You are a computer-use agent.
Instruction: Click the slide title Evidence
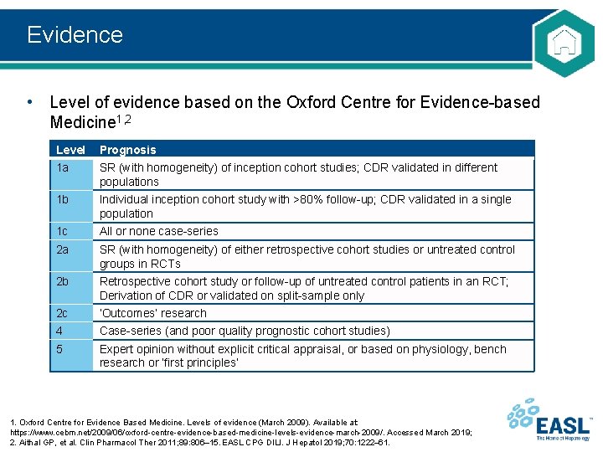[x=75, y=34]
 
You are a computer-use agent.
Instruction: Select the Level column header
[x=70, y=150]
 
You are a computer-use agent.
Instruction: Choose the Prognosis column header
[x=127, y=150]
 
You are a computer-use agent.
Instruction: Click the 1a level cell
[x=63, y=167]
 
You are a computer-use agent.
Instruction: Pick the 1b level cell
[x=63, y=199]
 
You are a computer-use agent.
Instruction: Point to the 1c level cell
[x=63, y=231]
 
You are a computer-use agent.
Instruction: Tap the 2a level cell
[x=63, y=249]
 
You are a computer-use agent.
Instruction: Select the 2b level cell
[x=63, y=281]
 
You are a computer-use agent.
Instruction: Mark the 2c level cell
[x=63, y=313]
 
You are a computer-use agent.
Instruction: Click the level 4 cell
[x=60, y=331]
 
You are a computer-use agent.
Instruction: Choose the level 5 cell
[x=60, y=349]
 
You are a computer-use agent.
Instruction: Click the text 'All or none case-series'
[x=159, y=231]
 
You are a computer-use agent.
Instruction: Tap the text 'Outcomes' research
[x=153, y=313]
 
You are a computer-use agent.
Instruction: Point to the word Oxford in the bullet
[x=309, y=102]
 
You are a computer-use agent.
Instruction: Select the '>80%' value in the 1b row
[x=285, y=199]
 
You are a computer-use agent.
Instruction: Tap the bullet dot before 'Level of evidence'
[x=30, y=102]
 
